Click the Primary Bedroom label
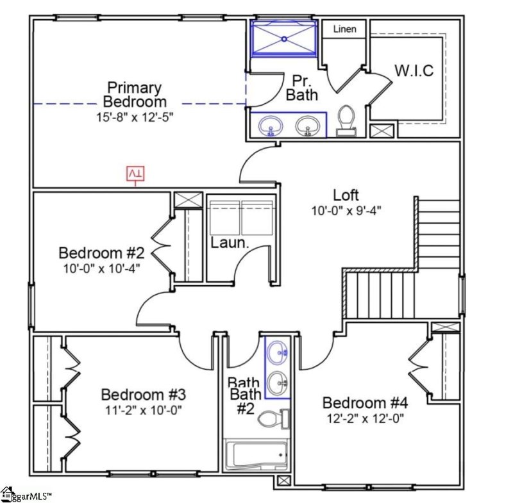click(134, 94)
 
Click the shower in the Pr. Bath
click(283, 38)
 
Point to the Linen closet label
click(344, 29)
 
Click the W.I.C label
click(413, 70)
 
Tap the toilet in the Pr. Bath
click(346, 120)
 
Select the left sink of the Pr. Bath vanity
click(271, 125)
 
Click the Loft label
click(346, 195)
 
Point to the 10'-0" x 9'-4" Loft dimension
click(347, 210)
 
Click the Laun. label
click(230, 243)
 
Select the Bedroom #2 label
click(99, 252)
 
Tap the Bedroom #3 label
click(144, 393)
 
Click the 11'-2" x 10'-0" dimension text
click(144, 410)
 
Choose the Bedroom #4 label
click(364, 402)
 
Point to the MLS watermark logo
click(26, 495)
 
